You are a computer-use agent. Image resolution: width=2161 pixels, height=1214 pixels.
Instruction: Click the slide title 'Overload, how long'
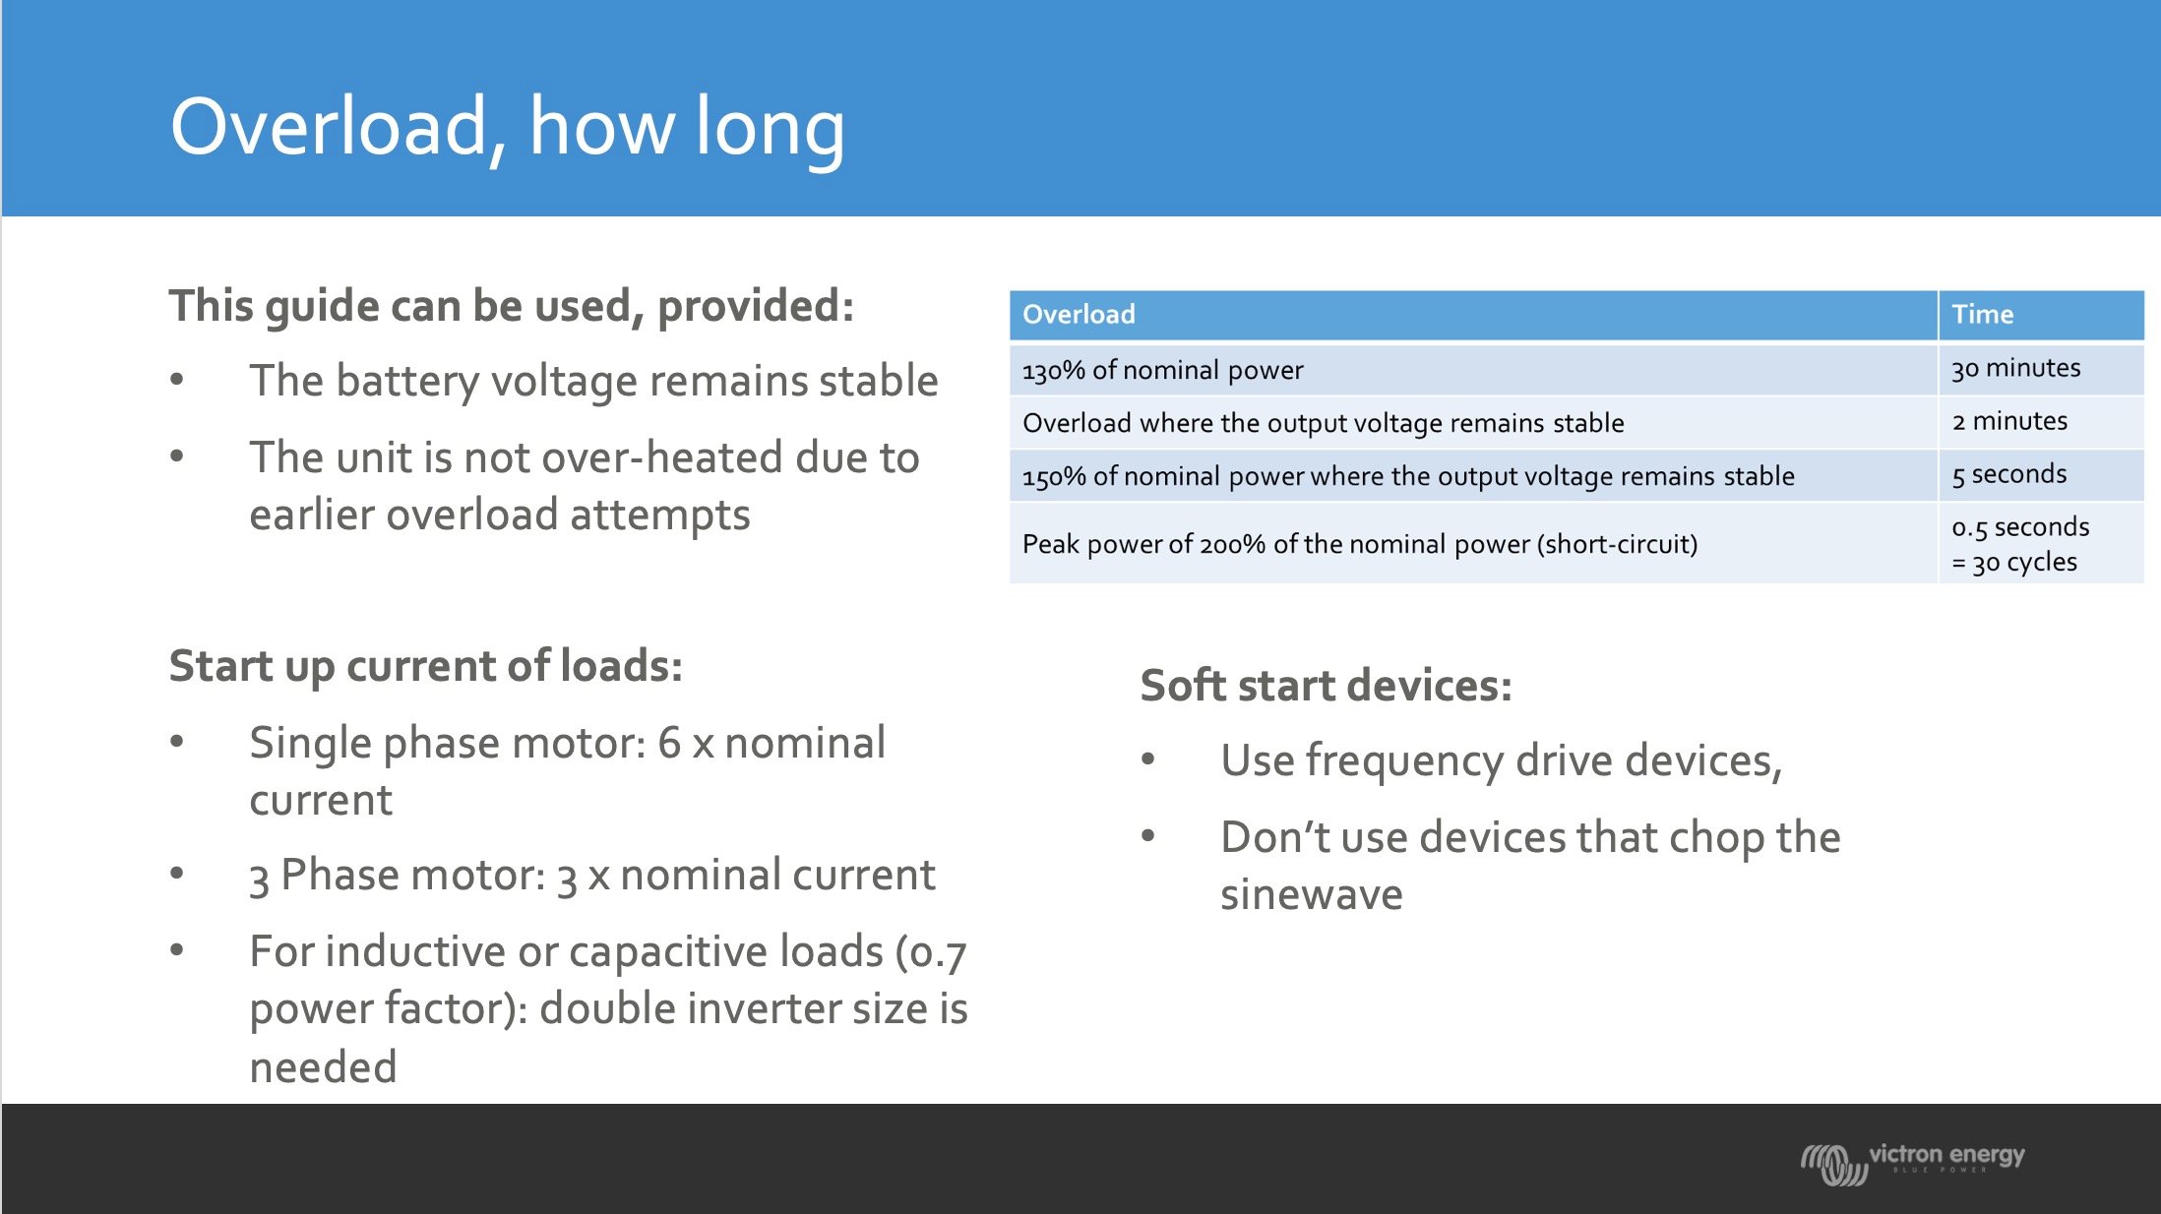[x=507, y=128]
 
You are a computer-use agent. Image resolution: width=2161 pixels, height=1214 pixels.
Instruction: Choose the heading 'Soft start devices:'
[x=1326, y=686]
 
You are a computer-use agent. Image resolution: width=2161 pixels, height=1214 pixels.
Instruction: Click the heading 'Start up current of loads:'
[x=425, y=667]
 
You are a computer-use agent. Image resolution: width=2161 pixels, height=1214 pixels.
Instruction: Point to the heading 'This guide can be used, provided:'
[x=511, y=306]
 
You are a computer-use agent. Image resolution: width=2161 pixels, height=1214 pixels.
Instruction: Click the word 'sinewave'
[x=1311, y=895]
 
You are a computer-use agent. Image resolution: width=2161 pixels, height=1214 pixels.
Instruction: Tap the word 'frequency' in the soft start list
[x=1404, y=762]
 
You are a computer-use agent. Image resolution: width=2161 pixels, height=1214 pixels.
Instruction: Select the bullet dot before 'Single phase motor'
[x=177, y=742]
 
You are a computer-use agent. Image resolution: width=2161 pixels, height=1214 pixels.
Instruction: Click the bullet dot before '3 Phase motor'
[x=177, y=874]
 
